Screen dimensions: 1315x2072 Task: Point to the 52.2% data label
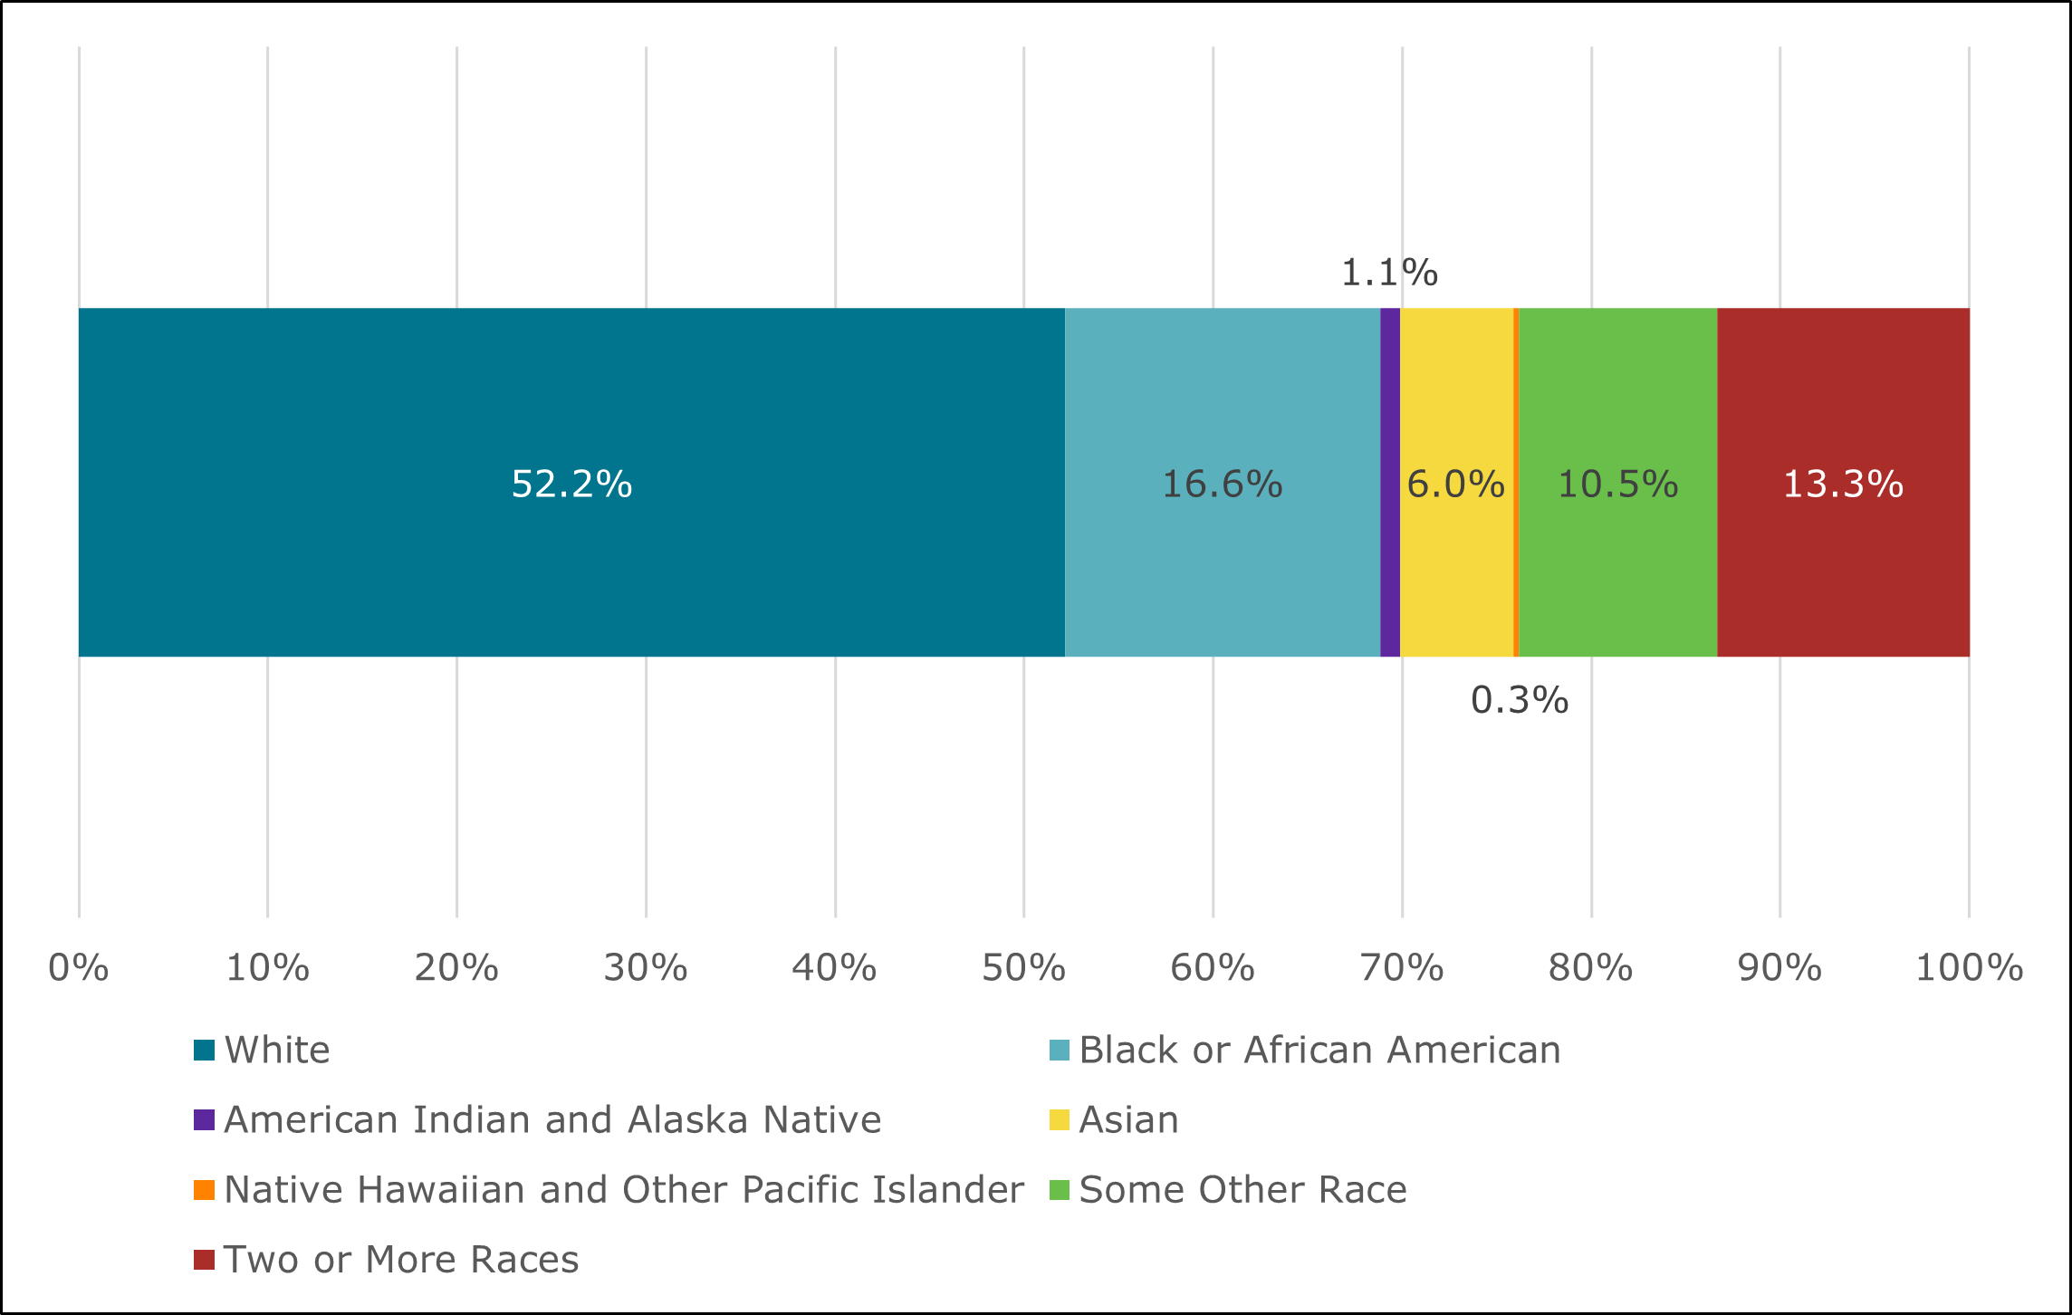[571, 485]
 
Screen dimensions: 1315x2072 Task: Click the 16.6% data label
[1222, 485]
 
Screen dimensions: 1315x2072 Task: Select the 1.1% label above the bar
[1388, 273]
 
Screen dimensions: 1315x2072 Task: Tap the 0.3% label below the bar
[1519, 700]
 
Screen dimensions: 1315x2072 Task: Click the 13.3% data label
[1843, 485]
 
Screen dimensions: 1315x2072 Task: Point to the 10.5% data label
[1617, 485]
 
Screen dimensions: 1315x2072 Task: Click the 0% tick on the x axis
[79, 968]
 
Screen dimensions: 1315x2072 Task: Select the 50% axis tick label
[1023, 968]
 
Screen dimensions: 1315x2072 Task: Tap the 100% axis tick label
[1968, 968]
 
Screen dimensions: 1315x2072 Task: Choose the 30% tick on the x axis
[646, 968]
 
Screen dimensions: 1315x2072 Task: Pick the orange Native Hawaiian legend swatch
[205, 1190]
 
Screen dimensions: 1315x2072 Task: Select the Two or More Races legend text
[401, 1260]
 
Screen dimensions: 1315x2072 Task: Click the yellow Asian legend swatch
[1059, 1120]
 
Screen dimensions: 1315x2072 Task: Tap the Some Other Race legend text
[1242, 1190]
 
